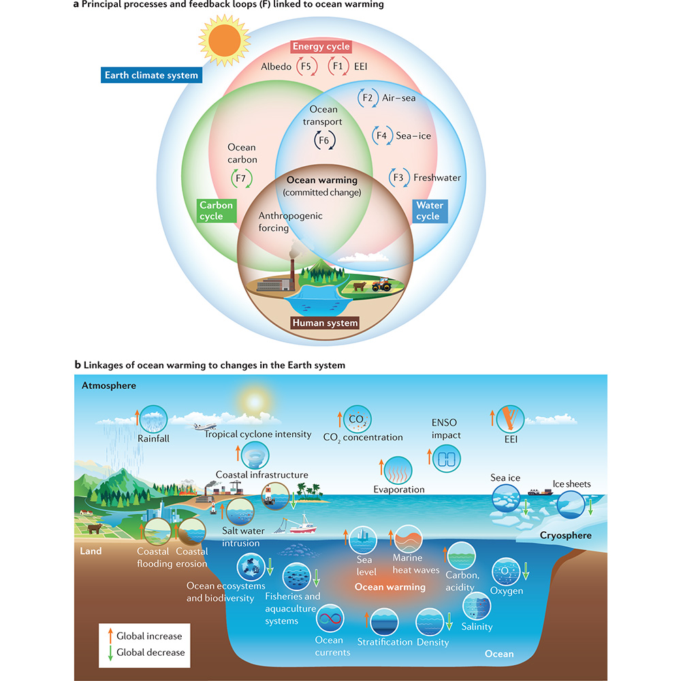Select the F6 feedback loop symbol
tap(323, 141)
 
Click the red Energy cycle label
tap(321, 47)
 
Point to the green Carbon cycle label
tap(216, 210)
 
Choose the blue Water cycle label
tap(429, 210)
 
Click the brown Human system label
tap(324, 323)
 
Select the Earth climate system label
tap(151, 75)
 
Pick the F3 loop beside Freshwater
tap(398, 178)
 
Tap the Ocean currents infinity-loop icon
tap(332, 620)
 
